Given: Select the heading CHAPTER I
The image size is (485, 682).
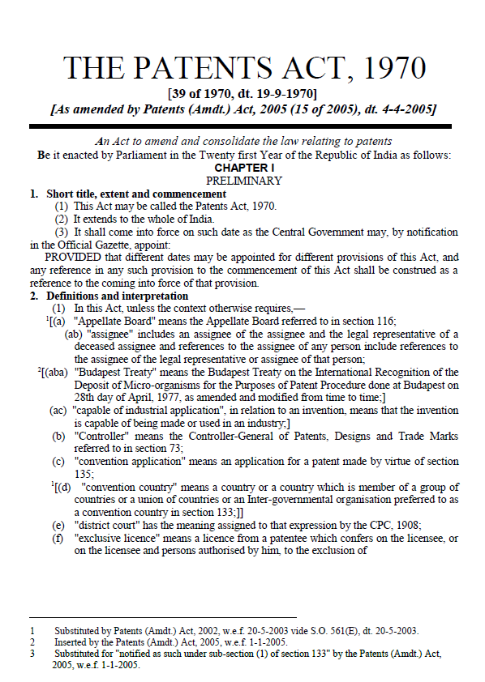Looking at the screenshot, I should [243, 168].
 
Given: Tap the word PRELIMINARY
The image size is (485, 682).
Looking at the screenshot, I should [243, 181].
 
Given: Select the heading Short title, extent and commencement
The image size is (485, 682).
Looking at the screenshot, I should [128, 194].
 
